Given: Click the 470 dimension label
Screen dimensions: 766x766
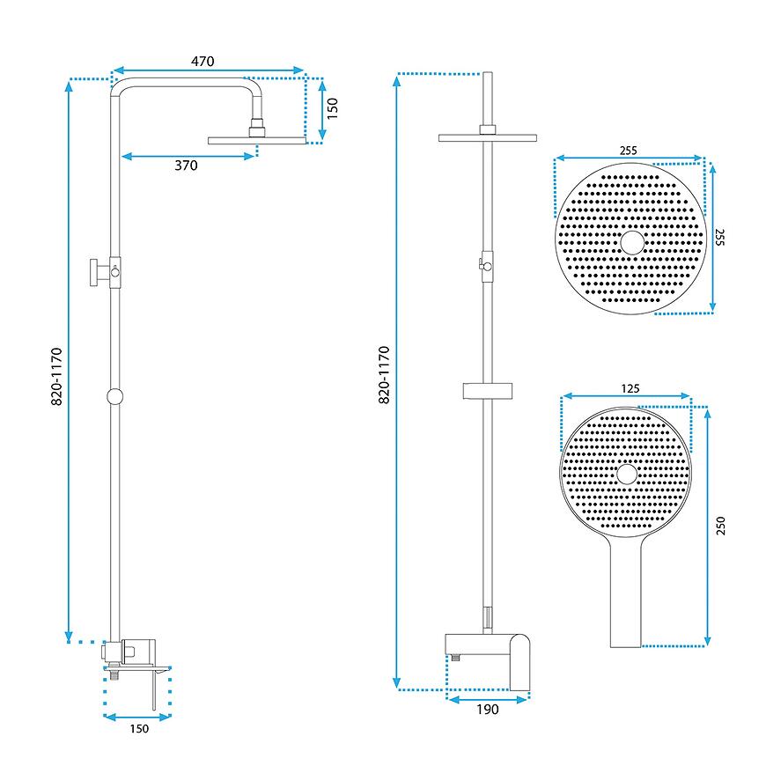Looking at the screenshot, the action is coord(203,62).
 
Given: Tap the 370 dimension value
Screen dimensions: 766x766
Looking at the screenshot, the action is coord(186,166).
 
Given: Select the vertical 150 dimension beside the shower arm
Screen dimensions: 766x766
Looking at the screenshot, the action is coord(332,108).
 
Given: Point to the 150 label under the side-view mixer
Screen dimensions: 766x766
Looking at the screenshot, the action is coord(139,729).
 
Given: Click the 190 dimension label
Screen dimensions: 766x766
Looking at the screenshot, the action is coord(488,710).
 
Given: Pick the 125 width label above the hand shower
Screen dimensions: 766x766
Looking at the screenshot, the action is coord(630,389).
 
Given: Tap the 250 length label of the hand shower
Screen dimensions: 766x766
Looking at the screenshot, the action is coord(720,526).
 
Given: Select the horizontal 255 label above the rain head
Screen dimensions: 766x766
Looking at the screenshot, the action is coord(629,151).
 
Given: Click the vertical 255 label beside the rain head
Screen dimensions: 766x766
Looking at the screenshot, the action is coord(719,237).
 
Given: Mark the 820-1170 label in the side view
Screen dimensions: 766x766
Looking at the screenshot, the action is coord(56,377).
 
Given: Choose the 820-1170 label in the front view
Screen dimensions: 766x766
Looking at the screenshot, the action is coord(385,375).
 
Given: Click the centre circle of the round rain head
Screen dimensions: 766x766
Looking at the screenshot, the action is coord(632,243).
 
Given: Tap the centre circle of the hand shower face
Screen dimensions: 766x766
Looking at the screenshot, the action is coord(627,474).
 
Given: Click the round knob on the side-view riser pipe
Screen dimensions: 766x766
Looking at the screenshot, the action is coord(114,397).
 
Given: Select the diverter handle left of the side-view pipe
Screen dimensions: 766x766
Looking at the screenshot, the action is coord(99,273).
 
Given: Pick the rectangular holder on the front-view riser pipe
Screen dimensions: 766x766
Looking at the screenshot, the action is coord(488,391).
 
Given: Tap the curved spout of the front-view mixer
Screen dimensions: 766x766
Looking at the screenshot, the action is coord(519,662).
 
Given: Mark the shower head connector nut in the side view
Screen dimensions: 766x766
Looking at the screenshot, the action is coord(256,128).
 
